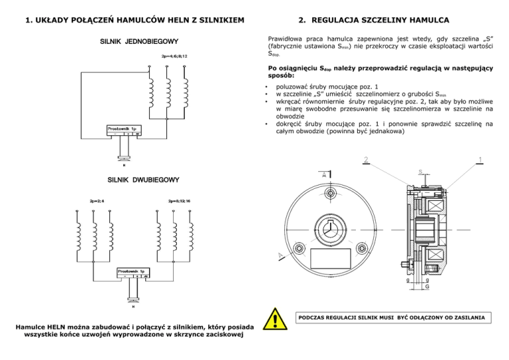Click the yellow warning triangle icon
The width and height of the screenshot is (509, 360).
(x=274, y=322)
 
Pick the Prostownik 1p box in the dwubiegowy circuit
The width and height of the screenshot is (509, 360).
(x=134, y=273)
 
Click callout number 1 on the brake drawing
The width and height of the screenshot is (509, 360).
(x=480, y=159)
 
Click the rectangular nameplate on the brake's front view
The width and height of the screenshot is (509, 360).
(x=329, y=259)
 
